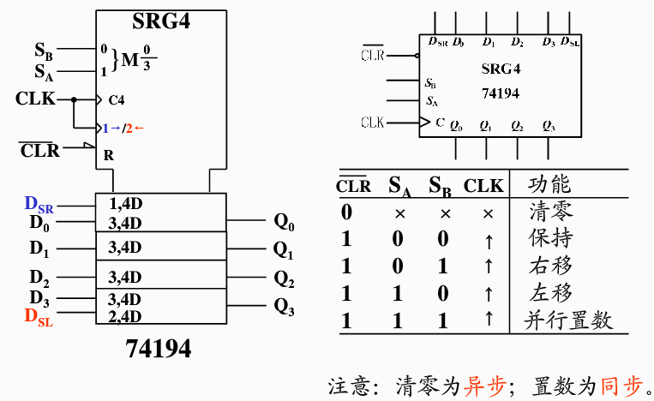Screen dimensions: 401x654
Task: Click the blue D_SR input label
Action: point(39,204)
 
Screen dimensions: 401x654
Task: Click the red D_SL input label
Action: point(39,318)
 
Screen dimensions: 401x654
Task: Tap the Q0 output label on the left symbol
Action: point(284,223)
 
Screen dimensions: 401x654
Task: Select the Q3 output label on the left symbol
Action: point(284,307)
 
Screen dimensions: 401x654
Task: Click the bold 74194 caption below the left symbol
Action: point(159,349)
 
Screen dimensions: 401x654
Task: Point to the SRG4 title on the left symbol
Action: point(161,21)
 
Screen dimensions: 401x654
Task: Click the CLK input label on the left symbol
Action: point(36,99)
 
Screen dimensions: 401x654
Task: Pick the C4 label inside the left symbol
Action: point(116,99)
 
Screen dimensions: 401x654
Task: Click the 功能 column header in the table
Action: point(549,184)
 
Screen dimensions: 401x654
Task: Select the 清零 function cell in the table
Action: point(550,211)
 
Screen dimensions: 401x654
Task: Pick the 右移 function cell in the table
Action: point(550,266)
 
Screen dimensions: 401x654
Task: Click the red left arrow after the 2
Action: point(140,129)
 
